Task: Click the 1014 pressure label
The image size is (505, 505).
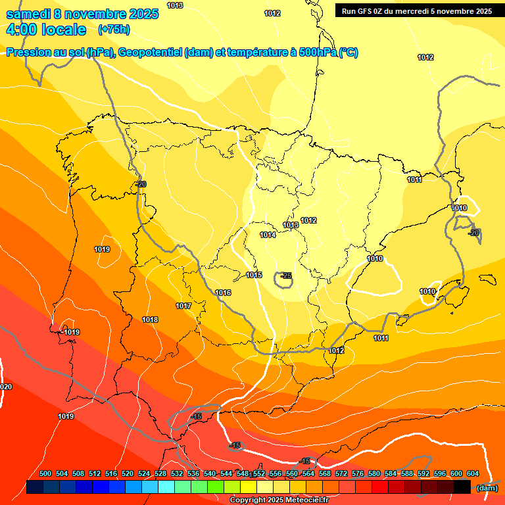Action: [268, 235]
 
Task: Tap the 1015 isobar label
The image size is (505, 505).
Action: [254, 275]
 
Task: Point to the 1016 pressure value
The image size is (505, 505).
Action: [223, 293]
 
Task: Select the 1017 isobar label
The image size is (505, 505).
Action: [183, 306]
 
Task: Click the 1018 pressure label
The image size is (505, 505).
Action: [150, 320]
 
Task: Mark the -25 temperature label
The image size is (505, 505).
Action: [286, 276]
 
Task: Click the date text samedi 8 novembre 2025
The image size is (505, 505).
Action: [82, 14]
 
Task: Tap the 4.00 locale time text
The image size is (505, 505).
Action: [45, 30]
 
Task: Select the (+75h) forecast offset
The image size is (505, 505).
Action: [113, 30]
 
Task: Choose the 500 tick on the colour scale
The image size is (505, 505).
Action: [45, 473]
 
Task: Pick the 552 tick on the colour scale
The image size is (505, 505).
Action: [259, 473]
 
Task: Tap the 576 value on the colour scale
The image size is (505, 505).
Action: [358, 473]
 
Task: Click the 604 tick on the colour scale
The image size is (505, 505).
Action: [472, 473]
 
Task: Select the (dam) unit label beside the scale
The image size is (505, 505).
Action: [487, 487]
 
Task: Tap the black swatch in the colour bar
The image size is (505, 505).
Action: [462, 487]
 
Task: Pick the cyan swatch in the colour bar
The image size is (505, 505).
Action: [166, 487]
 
